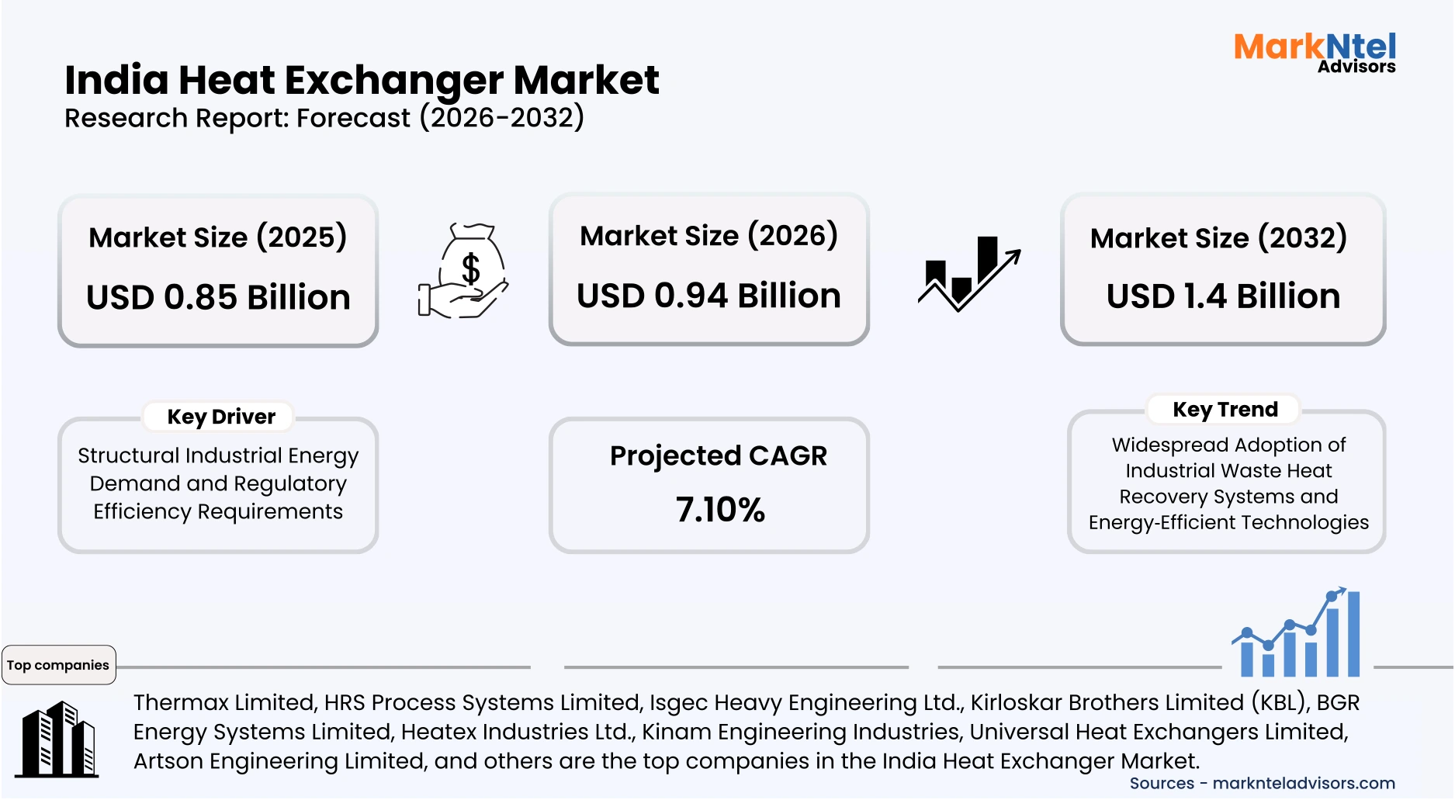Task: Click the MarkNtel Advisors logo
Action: pos(1315,53)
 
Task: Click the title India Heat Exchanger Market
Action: pos(362,80)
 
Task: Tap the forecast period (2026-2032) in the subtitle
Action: pos(502,118)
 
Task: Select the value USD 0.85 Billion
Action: pos(218,297)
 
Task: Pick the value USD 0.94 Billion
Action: pos(708,296)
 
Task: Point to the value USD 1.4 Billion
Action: pos(1223,296)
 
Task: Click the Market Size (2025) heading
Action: pos(218,237)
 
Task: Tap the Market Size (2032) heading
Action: pos(1218,238)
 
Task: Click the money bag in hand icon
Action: pos(463,271)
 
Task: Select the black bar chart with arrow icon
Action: pos(969,273)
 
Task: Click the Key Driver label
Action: pos(221,417)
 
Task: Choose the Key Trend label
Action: pos(1225,409)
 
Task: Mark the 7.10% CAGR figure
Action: pos(720,510)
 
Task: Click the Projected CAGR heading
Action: pos(719,455)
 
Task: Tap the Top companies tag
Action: pos(58,665)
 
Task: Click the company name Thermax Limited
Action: pos(224,702)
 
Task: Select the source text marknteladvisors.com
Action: pos(1304,783)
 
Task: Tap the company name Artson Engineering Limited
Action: pos(279,760)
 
